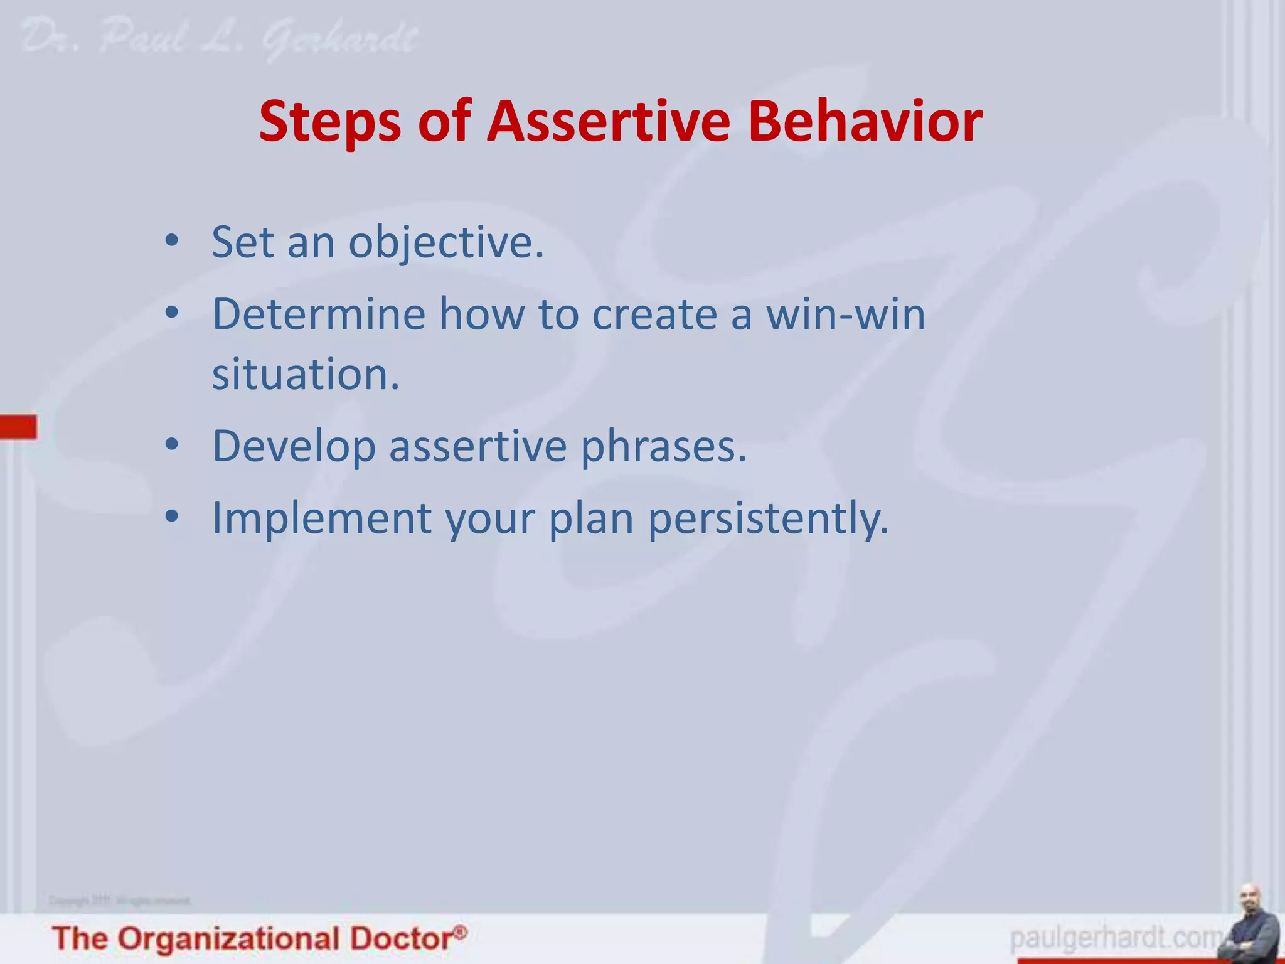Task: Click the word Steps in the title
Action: coord(330,121)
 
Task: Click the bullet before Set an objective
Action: coord(172,240)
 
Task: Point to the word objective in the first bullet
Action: coord(446,242)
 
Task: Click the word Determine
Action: coord(319,314)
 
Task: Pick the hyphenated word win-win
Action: coord(845,314)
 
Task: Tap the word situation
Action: coord(305,375)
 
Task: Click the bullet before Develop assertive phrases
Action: coord(172,445)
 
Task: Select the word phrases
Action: coord(663,447)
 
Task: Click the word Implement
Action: coord(321,518)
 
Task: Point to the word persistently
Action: coord(768,520)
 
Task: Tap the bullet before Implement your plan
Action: coord(172,517)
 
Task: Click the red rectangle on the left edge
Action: coord(18,426)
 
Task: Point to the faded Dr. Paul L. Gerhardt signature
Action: coord(220,39)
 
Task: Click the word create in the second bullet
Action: coord(654,314)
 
